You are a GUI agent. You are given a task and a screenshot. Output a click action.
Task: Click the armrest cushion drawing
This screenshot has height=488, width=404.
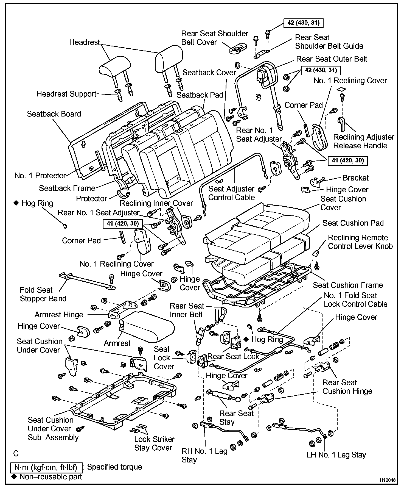147,326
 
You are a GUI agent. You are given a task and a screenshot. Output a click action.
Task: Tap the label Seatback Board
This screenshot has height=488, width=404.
54,114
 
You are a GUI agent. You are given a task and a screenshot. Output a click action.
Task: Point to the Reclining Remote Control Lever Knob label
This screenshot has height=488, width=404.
360,242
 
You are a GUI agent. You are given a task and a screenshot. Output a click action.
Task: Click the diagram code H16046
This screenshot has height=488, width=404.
388,480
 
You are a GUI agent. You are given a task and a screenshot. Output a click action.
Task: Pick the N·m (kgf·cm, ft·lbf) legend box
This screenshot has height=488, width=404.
46,467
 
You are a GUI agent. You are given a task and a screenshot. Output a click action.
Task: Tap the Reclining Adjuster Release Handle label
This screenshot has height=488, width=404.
364,141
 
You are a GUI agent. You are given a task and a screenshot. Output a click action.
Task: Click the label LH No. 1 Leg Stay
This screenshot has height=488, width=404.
336,455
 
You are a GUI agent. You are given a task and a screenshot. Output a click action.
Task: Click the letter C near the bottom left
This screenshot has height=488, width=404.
16,453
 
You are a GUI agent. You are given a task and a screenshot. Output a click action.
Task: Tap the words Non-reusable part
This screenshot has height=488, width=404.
51,476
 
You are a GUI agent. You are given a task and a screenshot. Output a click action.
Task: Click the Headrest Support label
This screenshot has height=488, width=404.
66,94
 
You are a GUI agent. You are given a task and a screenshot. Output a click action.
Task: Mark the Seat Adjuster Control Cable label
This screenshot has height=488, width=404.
231,193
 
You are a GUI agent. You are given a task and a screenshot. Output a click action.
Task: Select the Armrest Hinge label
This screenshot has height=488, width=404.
59,315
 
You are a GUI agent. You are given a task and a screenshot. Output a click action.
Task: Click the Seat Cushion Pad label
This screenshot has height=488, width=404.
353,223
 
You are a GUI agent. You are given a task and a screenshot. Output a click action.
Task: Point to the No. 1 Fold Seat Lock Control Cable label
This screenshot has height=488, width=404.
356,300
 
